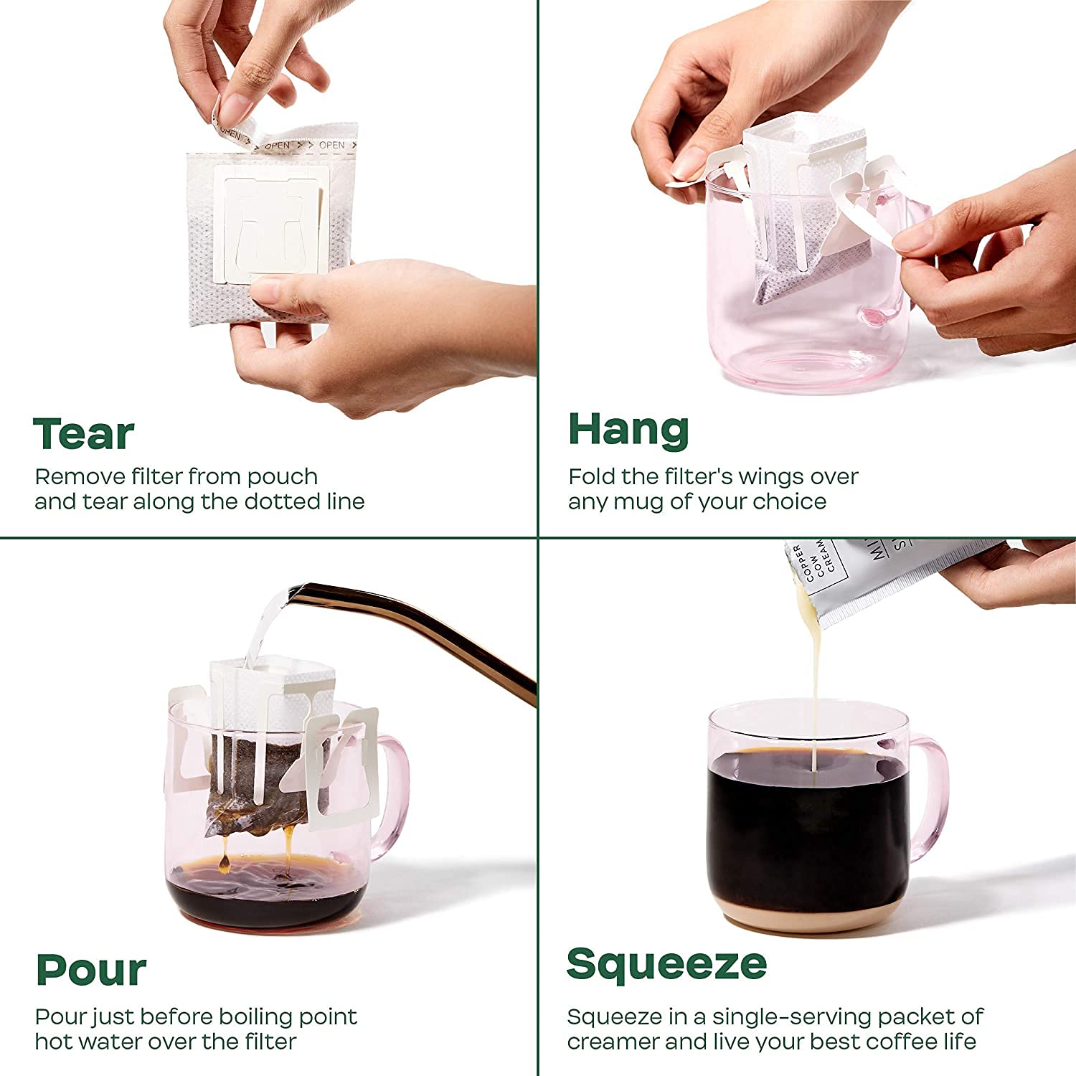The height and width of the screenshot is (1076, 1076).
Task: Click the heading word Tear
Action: pos(84,434)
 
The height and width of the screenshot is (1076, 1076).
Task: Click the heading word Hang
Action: pos(628,430)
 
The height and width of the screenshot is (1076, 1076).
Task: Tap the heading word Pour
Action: pos(91,970)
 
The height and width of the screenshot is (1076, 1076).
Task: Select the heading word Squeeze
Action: pos(666,964)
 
